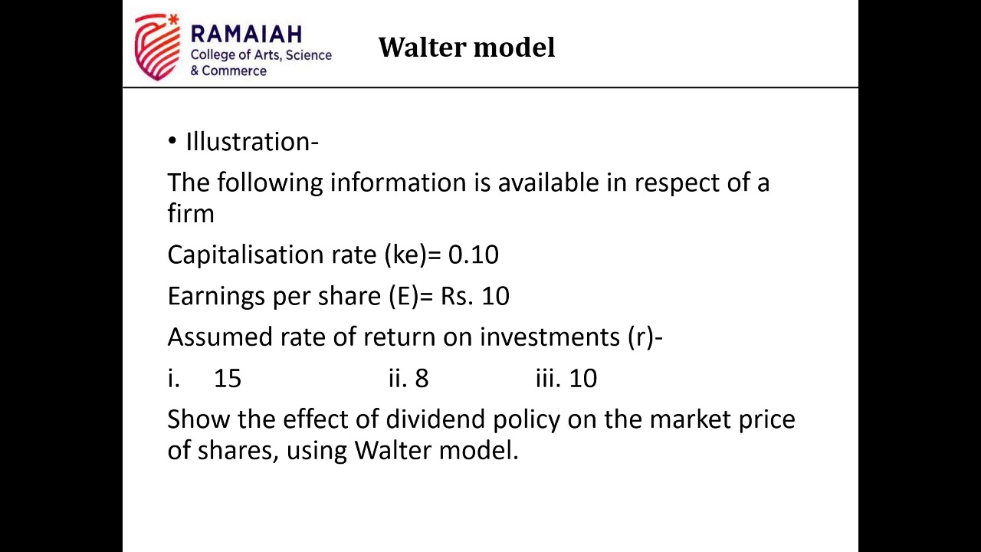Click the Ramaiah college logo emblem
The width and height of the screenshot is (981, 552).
(x=156, y=46)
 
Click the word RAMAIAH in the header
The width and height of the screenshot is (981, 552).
(x=245, y=34)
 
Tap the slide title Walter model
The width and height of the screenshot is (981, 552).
(x=466, y=48)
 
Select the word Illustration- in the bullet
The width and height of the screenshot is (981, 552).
(x=252, y=142)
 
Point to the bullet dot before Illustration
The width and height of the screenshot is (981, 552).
(x=172, y=142)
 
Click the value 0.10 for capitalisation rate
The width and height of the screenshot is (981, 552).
(x=473, y=255)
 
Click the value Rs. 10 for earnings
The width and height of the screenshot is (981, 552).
(x=474, y=296)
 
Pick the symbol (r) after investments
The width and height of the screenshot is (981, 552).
(x=640, y=337)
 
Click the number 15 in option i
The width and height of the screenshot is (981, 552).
(x=227, y=378)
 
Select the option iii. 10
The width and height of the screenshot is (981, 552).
(x=566, y=378)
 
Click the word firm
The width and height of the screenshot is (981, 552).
(x=190, y=213)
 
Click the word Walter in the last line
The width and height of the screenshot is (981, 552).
(x=392, y=450)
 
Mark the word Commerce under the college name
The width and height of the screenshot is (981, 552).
(x=234, y=71)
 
